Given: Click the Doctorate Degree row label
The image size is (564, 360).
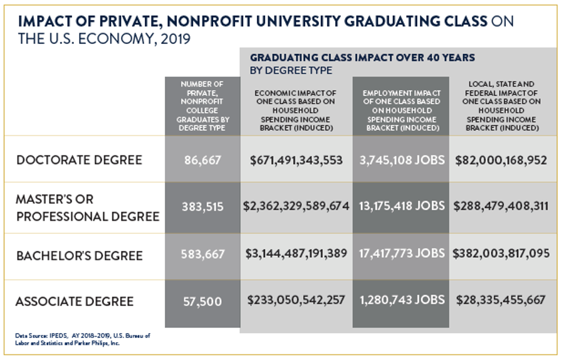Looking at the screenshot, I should coord(79,160).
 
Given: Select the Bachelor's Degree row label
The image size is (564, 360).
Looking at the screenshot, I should coord(79,256).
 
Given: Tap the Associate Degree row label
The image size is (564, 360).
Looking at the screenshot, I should coord(74,302).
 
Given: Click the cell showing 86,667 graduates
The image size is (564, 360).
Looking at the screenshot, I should coord(202,160).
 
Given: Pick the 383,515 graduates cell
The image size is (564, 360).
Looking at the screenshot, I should coord(202,206).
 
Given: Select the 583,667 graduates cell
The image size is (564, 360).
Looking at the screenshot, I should coord(202,254).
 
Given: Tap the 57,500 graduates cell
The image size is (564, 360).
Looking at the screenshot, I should coord(202,302).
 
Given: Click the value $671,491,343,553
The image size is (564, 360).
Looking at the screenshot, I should coord(296,160).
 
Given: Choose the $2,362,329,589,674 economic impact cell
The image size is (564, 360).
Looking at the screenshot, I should coord(296,206).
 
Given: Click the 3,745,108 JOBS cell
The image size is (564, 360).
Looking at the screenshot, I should coord(402,160).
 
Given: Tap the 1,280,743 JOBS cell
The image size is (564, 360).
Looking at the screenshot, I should coord(402,300).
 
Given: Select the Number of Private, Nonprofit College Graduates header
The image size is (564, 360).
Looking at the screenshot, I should coord(202,106).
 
